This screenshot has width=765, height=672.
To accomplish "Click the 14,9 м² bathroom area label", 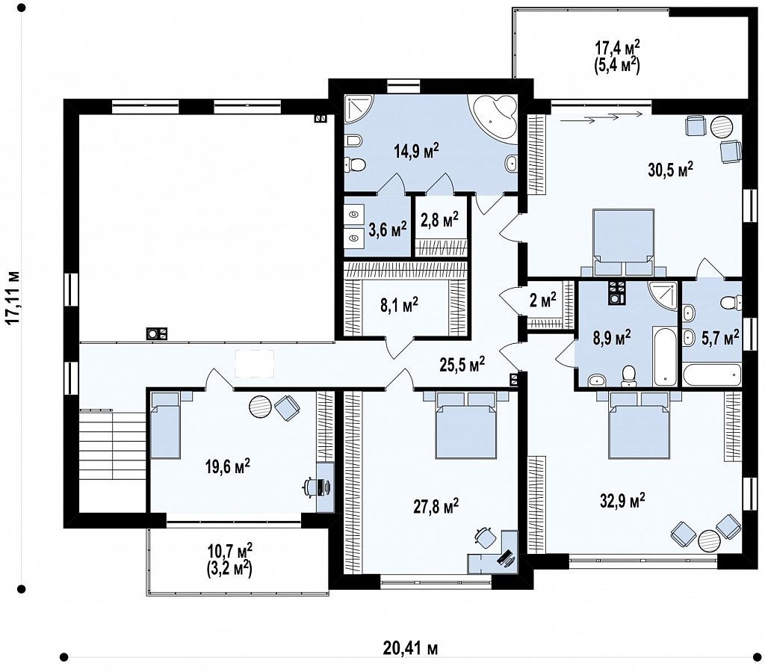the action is click(417, 151).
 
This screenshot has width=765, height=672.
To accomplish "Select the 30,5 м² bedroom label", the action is click(671, 170).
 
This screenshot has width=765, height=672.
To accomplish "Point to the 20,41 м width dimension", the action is click(410, 649).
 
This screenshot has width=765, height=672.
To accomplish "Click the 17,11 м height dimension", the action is click(13, 297).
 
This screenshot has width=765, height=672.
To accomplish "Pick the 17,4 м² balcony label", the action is click(617, 57).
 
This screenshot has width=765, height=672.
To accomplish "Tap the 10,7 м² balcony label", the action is click(230, 560).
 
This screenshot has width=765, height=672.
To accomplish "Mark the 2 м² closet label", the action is click(543, 300).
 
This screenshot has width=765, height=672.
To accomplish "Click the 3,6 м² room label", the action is click(388, 230).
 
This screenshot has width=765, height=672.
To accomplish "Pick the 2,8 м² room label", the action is click(439, 220).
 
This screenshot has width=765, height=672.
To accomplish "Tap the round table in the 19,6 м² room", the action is click(260, 406).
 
